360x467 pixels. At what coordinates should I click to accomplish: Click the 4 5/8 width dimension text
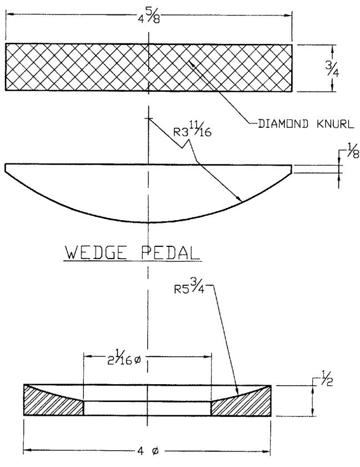pyautogui.click(x=149, y=18)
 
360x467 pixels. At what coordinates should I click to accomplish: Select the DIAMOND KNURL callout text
pyautogui.click(x=306, y=123)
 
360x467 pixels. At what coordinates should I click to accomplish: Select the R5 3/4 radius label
pyautogui.click(x=189, y=287)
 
